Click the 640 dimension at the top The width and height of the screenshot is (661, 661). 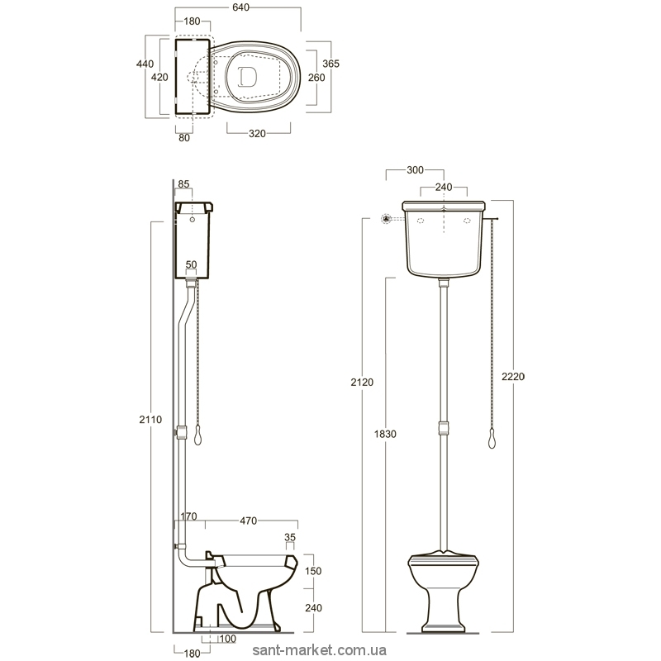coord(240,7)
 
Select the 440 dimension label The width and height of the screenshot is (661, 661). coord(145,64)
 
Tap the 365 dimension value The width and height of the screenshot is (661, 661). coord(331,64)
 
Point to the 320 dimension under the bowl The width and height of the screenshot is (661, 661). coord(257,134)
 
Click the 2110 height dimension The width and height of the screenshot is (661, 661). coord(150,420)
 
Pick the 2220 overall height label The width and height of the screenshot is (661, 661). coord(513,377)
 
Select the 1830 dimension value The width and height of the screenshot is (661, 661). coord(385,434)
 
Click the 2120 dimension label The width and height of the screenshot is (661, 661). coord(362,382)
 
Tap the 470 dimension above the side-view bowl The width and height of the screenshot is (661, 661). coord(249,521)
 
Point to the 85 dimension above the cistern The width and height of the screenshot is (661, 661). coord(183,184)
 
